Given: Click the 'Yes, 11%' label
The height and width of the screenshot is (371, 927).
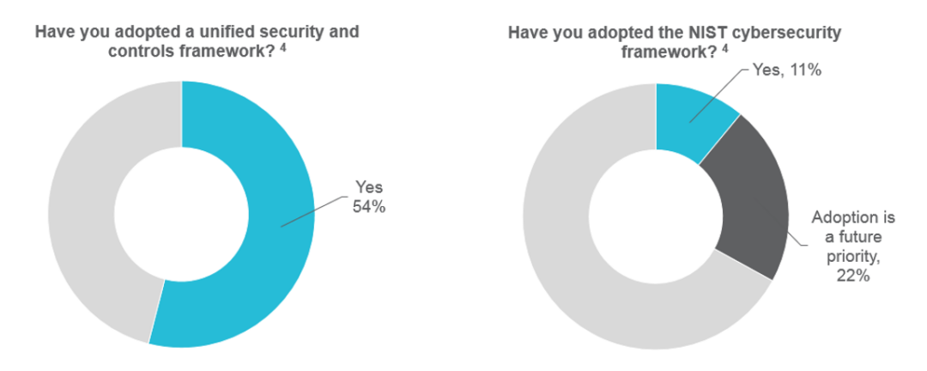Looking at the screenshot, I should click(787, 72).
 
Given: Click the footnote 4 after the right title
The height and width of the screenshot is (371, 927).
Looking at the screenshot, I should click(725, 47).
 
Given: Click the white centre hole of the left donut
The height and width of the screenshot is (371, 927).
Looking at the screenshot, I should click(181, 214).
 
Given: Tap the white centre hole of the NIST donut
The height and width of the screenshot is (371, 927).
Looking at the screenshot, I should click(656, 216).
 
